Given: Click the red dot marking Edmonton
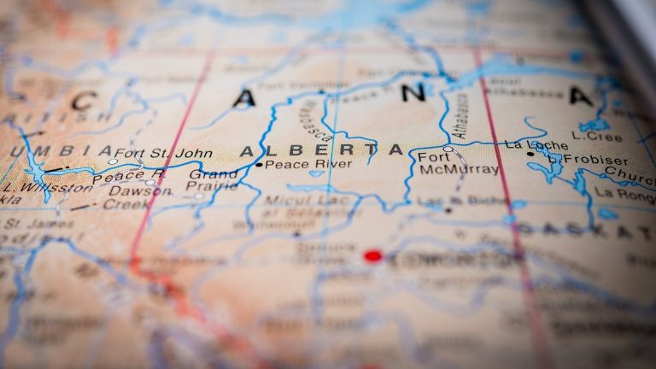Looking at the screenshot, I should [x=372, y=255].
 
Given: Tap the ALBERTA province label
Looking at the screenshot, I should [x=321, y=150].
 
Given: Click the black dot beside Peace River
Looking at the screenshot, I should [x=259, y=165].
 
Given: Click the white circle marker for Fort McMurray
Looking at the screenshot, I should [x=448, y=149].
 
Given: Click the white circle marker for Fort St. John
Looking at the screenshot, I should [x=113, y=161].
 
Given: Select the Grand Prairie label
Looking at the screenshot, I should [x=214, y=179].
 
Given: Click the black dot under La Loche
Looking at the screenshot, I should [x=530, y=154].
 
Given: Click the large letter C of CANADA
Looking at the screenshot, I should [x=83, y=101].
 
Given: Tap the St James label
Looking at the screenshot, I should [x=27, y=224].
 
